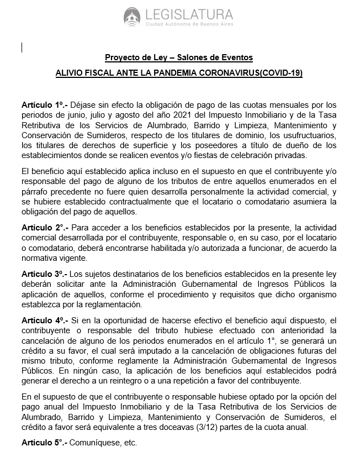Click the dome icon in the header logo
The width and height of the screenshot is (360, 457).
pyautogui.click(x=132, y=16)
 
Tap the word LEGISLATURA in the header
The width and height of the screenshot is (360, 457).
pyautogui.click(x=187, y=14)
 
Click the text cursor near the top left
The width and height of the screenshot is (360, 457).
pyautogui.click(x=22, y=48)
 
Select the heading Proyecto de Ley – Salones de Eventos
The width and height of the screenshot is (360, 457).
pyautogui.click(x=179, y=58)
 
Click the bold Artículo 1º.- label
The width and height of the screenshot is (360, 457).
pyautogui.click(x=44, y=104)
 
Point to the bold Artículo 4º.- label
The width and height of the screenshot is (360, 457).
pyautogui.click(x=44, y=320)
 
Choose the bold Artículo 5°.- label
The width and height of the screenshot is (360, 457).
pyautogui.click(x=44, y=443)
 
